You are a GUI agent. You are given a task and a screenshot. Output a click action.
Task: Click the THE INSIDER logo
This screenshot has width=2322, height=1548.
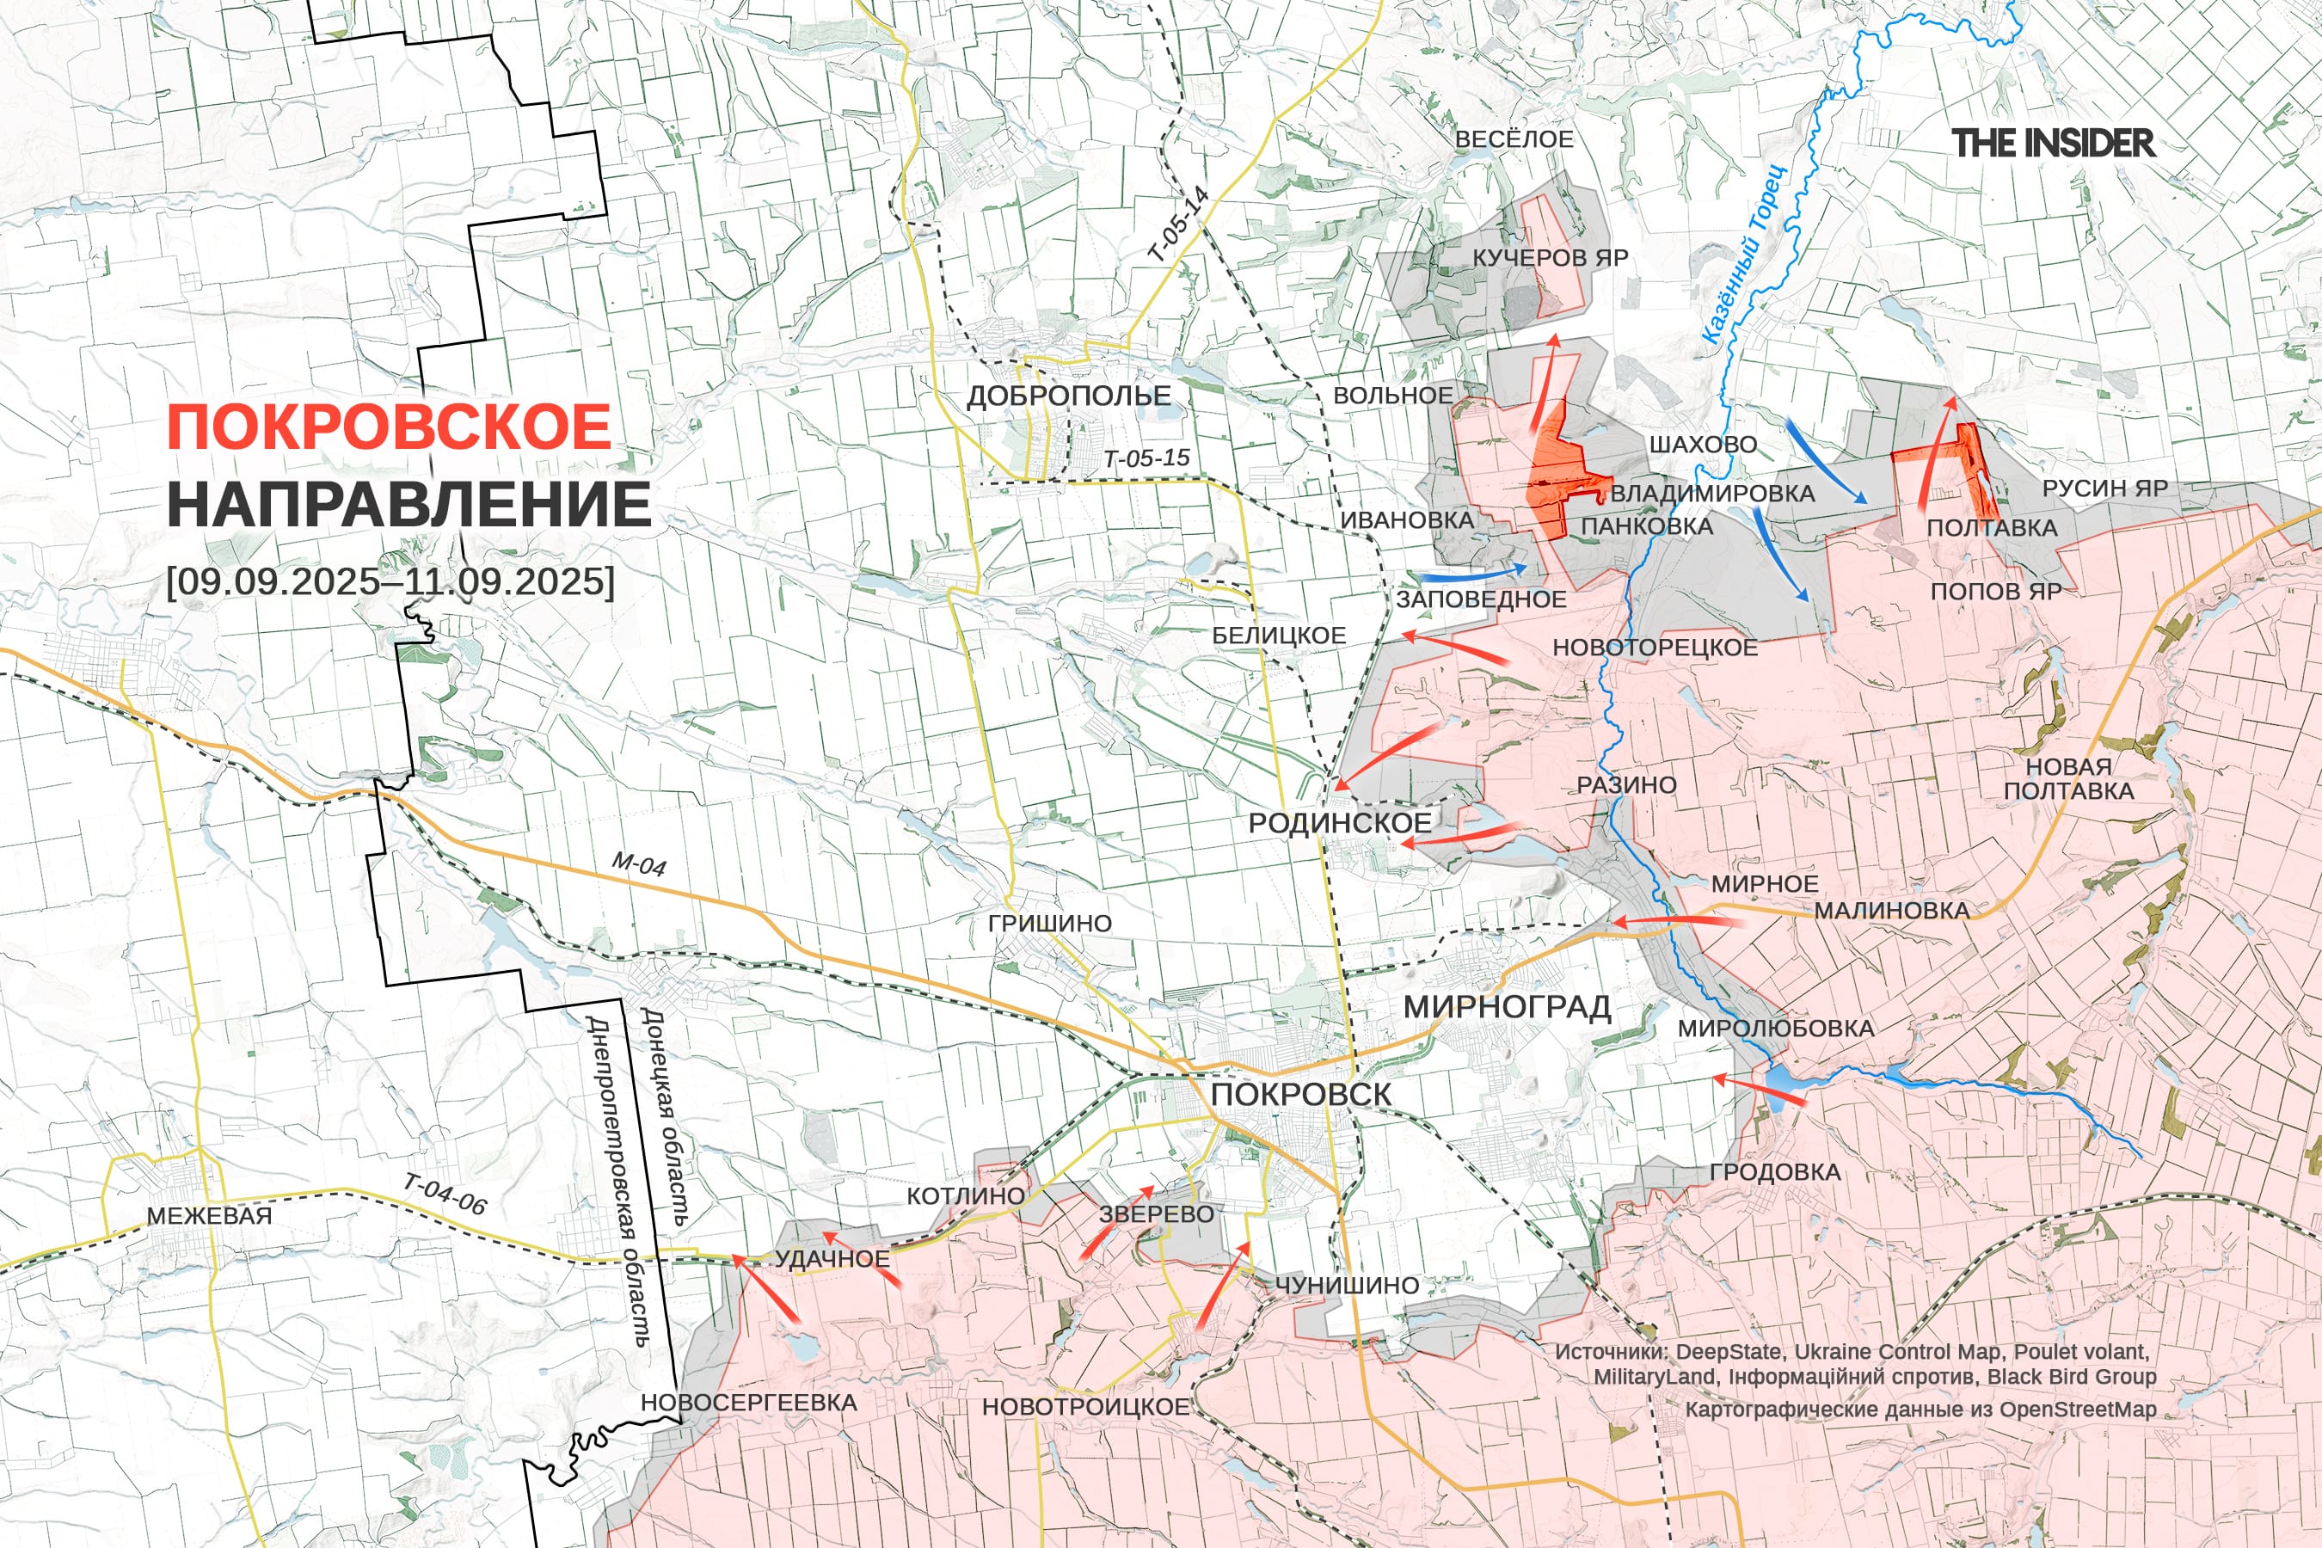click(x=2053, y=143)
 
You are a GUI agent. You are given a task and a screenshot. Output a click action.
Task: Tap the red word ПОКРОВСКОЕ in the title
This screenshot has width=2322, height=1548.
click(x=389, y=427)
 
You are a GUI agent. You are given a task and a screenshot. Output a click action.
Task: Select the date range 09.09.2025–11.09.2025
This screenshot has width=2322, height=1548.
click(x=390, y=580)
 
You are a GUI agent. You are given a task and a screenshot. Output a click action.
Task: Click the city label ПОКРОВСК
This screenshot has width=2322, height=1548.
click(x=1300, y=1094)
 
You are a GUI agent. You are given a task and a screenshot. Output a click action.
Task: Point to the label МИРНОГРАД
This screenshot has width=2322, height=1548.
click(x=1507, y=1007)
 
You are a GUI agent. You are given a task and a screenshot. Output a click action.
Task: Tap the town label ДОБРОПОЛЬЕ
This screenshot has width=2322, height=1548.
click(x=1068, y=396)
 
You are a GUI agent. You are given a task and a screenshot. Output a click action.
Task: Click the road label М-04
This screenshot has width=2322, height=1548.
click(x=638, y=863)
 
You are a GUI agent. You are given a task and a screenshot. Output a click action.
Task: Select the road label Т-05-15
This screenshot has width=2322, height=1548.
click(x=1146, y=458)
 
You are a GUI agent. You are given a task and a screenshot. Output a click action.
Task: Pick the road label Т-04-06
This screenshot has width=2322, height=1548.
click(x=445, y=1194)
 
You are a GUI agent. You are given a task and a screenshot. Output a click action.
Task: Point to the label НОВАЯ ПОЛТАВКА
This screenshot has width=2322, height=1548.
click(x=2068, y=778)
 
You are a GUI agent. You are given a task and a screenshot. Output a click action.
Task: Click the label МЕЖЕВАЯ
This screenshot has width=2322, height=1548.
click(x=209, y=1215)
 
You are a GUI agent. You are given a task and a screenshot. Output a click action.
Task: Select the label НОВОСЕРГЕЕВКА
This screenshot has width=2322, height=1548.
click(x=748, y=1402)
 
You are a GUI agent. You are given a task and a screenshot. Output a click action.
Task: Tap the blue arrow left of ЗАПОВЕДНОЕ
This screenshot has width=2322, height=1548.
click(x=1471, y=573)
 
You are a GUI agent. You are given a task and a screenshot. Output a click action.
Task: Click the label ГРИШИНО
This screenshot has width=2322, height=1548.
click(x=1049, y=923)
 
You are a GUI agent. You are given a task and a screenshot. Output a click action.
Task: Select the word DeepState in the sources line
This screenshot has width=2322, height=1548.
click(x=1730, y=1352)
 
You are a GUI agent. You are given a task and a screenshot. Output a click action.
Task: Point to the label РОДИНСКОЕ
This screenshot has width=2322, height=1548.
click(x=1339, y=822)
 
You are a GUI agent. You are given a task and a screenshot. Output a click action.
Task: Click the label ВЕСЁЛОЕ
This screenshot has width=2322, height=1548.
click(x=1514, y=139)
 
